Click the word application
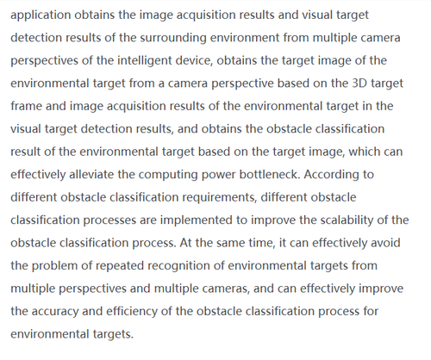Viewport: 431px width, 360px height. click(x=41, y=16)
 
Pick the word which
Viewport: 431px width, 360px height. click(x=365, y=152)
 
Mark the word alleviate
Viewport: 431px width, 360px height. click(x=91, y=175)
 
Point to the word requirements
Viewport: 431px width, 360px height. click(x=220, y=197)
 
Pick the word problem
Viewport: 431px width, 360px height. click(x=54, y=266)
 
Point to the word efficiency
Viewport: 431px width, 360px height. click(x=132, y=312)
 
